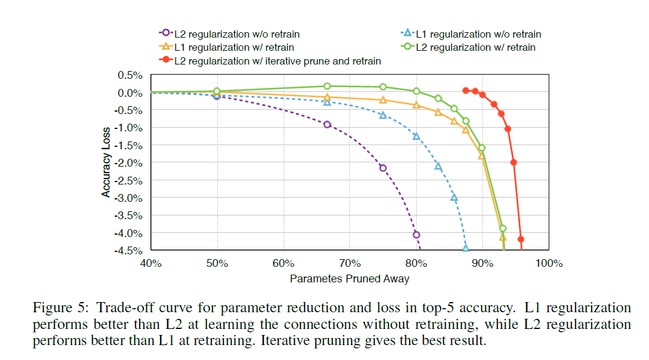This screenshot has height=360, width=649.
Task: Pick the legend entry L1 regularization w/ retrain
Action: pyautogui.click(x=233, y=47)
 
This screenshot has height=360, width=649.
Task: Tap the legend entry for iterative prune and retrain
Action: pyautogui.click(x=277, y=60)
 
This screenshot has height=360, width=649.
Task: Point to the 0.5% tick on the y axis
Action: pyautogui.click(x=130, y=75)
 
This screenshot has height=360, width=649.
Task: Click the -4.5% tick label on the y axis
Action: pyautogui.click(x=129, y=250)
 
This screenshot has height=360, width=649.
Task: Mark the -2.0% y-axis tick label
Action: pyautogui.click(x=129, y=163)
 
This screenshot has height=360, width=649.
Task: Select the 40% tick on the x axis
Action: pyautogui.click(x=150, y=263)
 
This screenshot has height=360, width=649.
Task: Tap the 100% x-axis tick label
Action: pyautogui.click(x=549, y=263)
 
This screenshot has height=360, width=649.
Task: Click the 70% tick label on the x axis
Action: pyautogui.click(x=349, y=263)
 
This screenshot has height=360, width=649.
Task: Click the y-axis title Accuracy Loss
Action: pyautogui.click(x=106, y=162)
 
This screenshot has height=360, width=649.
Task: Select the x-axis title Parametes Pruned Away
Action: pyautogui.click(x=349, y=278)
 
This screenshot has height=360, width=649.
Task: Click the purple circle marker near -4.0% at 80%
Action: pyautogui.click(x=416, y=235)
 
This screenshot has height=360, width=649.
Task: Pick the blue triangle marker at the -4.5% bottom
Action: pyautogui.click(x=466, y=248)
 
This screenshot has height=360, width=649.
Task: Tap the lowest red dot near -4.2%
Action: pyautogui.click(x=521, y=239)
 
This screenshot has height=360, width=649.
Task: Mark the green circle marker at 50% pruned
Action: pyautogui.click(x=217, y=91)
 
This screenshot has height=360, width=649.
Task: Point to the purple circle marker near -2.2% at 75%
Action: pyautogui.click(x=383, y=168)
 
